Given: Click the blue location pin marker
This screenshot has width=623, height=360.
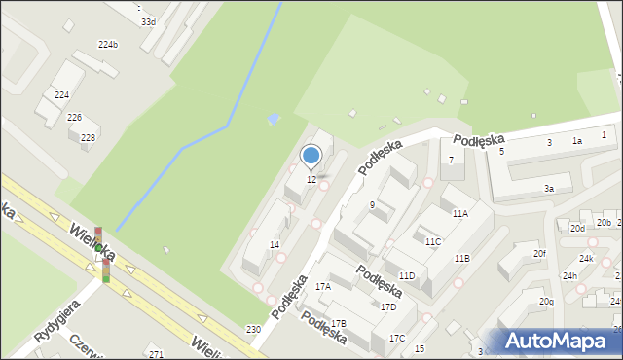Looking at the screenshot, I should coord(311,156).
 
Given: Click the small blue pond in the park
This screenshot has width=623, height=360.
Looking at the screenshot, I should coord(274,119).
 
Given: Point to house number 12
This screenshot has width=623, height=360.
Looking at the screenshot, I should coord(311,180).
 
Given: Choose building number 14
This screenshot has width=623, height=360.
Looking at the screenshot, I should coord(275,244).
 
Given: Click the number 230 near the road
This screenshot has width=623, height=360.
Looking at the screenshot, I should coord(253,330).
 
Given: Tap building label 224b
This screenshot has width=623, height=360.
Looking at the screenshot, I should coord(108,45).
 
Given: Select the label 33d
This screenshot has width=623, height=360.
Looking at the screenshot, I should coord(147,21).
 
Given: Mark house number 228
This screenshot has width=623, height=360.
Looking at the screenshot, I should coord(88,138).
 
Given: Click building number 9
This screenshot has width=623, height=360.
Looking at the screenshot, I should coord(373,204).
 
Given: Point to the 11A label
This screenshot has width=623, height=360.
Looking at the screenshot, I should coord(459,213).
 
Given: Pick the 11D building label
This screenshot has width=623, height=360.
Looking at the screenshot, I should coord(406,276).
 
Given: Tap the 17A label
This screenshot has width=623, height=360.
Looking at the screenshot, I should coord(323,287).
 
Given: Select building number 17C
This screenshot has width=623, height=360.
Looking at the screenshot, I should coord(397,338).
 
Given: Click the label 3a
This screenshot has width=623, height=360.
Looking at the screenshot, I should coord(549,189).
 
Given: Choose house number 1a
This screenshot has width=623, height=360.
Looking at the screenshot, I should coord(576,141).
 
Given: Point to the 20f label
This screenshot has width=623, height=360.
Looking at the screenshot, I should coord(539,253).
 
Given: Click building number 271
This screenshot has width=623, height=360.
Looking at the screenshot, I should coord(155,355).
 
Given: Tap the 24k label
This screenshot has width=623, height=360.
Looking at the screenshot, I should coord(586,259).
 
